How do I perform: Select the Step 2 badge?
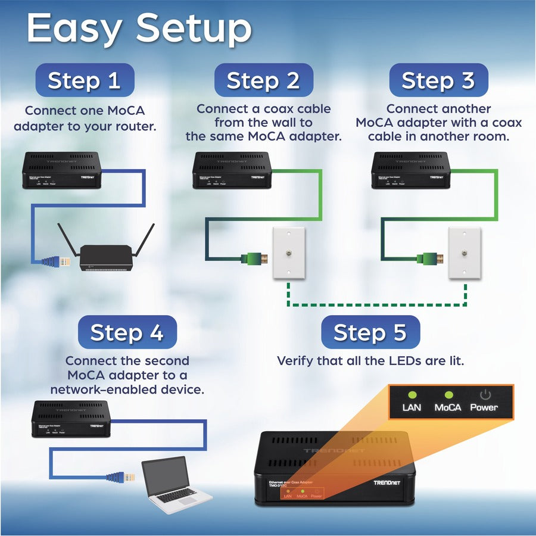(263, 80)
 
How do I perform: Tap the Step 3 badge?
(438, 80)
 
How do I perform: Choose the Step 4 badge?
(127, 332)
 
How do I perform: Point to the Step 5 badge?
(370, 332)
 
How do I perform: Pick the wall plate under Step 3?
(465, 253)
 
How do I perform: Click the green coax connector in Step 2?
(253, 258)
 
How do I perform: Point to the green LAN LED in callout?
(411, 394)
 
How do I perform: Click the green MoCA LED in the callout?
(447, 394)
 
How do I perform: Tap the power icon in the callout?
(484, 394)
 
